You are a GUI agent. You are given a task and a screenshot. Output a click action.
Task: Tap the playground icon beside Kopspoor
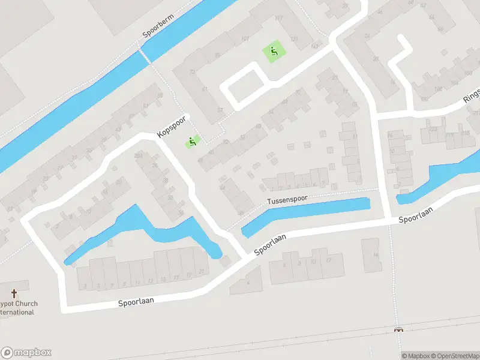[x=192, y=142]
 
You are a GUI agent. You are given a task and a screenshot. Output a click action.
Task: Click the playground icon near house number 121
[x=274, y=52]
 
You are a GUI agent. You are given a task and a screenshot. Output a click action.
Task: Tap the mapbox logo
[x=26, y=353]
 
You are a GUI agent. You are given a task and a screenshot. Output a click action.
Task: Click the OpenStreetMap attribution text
[x=455, y=356]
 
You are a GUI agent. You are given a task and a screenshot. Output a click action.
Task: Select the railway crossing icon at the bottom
[x=398, y=330]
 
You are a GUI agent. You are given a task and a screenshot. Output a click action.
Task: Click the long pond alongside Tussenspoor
[x=306, y=216]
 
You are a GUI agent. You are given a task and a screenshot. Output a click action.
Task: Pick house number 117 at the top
[x=278, y=18]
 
